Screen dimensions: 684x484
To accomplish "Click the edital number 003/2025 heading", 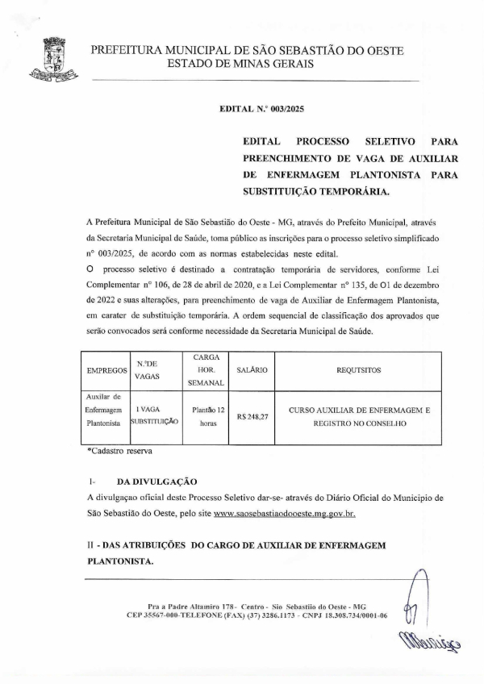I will click(261, 107).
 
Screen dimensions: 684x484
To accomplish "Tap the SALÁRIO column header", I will click(252, 369).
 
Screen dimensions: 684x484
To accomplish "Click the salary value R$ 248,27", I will click(252, 417).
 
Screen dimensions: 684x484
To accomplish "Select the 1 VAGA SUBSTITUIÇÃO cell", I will click(153, 415).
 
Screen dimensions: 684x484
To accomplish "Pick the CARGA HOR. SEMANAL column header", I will click(206, 369).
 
